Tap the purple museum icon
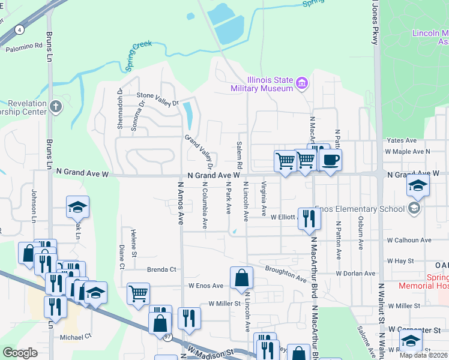tap(303, 83)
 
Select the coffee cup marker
tap(330, 160)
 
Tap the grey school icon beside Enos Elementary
tap(413, 208)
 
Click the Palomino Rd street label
tap(25, 46)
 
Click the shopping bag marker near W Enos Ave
tap(241, 278)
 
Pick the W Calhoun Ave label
tap(409, 240)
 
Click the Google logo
tap(20, 353)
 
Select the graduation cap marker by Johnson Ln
tap(77, 207)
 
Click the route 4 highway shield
tap(20, 29)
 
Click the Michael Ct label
tap(75, 336)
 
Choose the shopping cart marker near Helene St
tap(138, 294)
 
